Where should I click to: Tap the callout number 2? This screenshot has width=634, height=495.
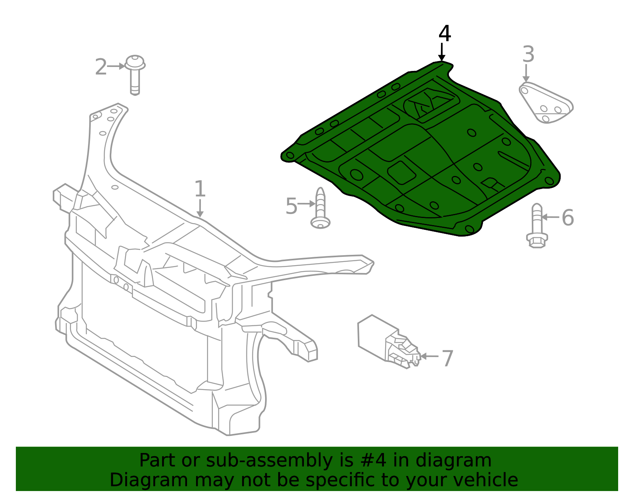pos(101,67)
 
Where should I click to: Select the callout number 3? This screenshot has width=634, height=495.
pos(528,54)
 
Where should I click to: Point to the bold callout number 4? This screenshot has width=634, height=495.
pos(445,34)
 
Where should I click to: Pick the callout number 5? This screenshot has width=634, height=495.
pos(292,206)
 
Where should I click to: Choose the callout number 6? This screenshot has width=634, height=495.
pos(568,217)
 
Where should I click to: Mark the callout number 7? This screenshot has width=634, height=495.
pos(447,359)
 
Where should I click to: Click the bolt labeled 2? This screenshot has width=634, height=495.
pos(135,75)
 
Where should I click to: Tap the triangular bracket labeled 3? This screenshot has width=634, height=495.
pos(546,103)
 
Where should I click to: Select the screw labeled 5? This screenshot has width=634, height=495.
pos(320,208)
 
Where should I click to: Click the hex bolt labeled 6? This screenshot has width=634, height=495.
pos(537,226)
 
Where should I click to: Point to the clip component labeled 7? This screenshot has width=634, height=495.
pos(389,342)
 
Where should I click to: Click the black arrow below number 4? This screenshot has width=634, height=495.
pos(442,52)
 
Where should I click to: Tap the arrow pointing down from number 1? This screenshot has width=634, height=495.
pos(200,208)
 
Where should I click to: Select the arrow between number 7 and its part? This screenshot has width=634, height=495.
pos(430,356)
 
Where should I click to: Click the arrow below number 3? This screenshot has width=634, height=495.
pos(526,73)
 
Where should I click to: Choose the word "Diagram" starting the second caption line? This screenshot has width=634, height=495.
pos(149,481)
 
